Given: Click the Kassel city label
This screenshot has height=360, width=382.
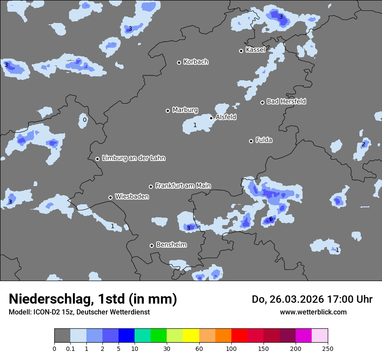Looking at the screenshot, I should (x=255, y=50).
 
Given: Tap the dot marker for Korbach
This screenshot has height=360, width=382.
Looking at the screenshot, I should (x=179, y=62).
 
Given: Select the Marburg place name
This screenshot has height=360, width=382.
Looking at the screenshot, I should (x=185, y=110).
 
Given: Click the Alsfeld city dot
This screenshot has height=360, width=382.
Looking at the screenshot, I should (x=211, y=118).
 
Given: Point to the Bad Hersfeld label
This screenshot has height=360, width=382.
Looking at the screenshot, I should (x=286, y=101).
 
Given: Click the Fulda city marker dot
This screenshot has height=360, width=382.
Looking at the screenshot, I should (x=251, y=141).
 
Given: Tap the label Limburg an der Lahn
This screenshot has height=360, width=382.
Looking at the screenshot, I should (x=133, y=158).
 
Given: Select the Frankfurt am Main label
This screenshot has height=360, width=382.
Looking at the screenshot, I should (x=183, y=186).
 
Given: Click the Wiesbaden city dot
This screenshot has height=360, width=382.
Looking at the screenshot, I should (x=110, y=197).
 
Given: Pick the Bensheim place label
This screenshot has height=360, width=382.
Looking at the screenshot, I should (x=171, y=245).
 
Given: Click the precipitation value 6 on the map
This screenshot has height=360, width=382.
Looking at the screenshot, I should (x=271, y=219).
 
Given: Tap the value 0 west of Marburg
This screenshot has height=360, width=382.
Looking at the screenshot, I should (x=85, y=120).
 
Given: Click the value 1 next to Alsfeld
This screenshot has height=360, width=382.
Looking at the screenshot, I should (x=195, y=125).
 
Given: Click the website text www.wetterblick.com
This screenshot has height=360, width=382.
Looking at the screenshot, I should (x=313, y=312).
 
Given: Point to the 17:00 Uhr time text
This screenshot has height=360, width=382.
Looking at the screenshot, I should (x=350, y=299).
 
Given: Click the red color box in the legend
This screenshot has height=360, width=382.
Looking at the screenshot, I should (x=239, y=336).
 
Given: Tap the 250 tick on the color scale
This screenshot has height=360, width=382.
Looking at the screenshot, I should (x=328, y=348).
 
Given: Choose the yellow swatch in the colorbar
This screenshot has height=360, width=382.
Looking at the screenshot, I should (x=191, y=336).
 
